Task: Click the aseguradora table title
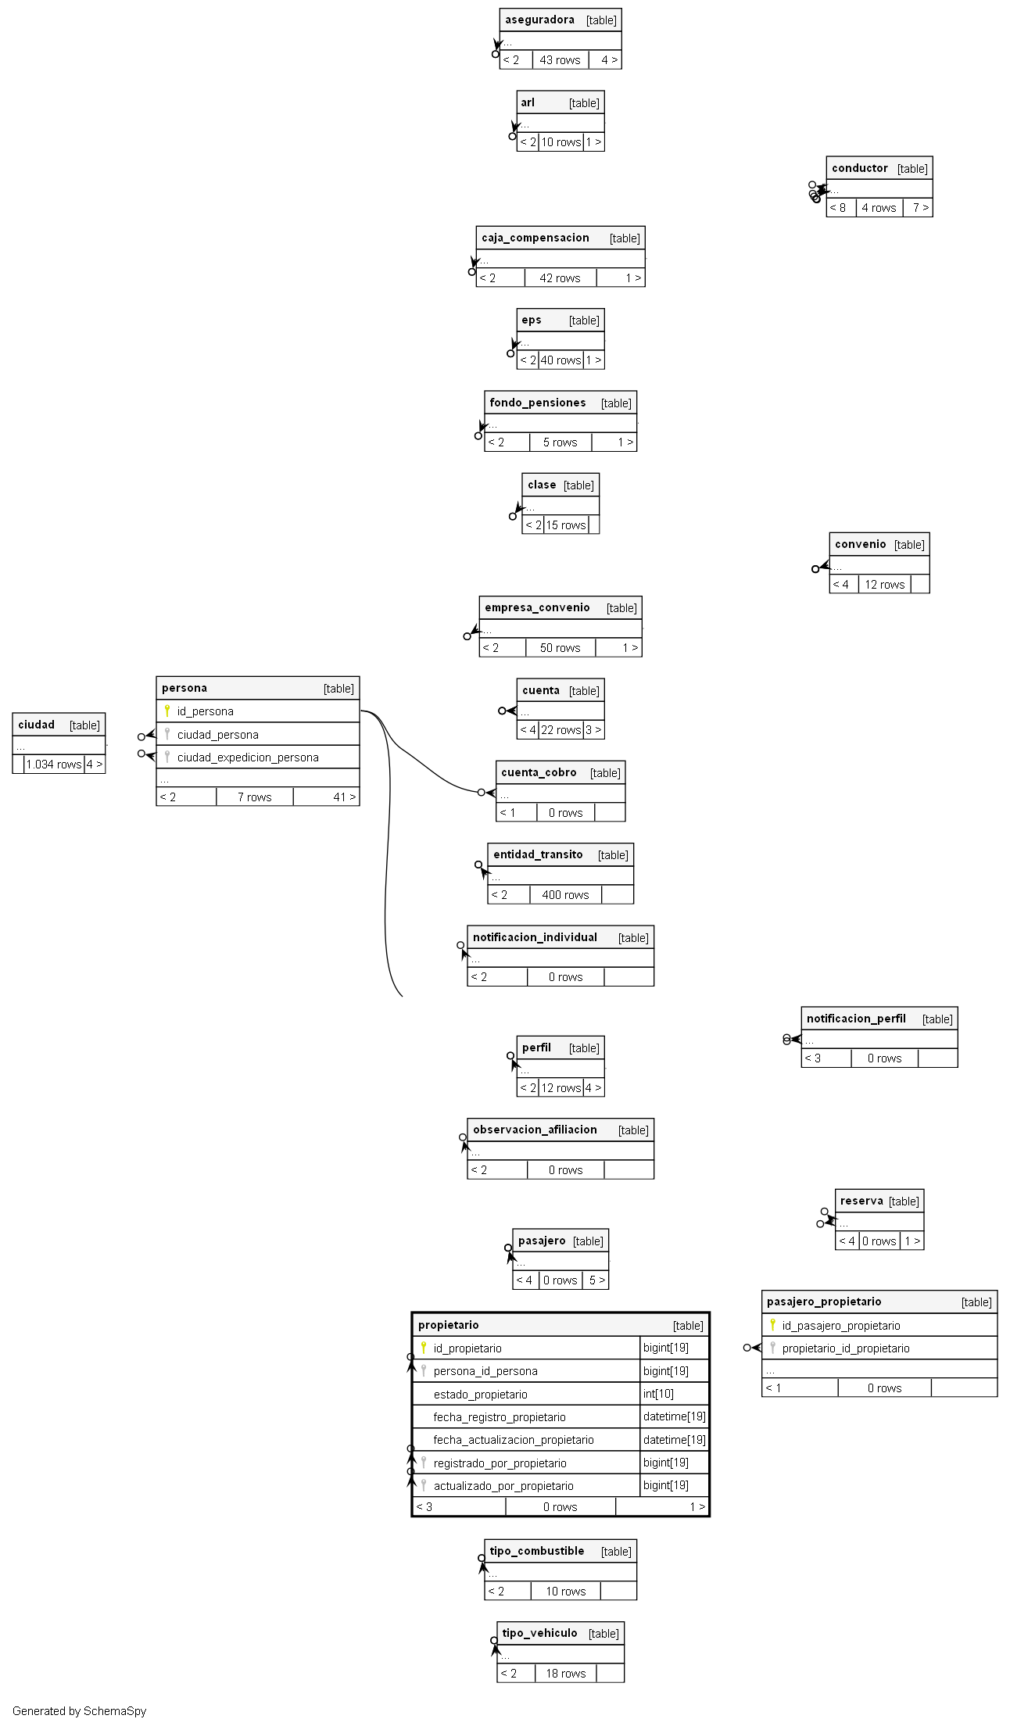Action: click(x=539, y=20)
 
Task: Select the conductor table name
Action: click(x=860, y=168)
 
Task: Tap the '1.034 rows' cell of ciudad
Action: click(x=54, y=765)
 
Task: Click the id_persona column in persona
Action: click(x=205, y=711)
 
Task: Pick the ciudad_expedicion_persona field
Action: click(x=248, y=757)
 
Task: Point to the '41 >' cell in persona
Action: click(x=344, y=797)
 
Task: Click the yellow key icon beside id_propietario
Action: click(x=424, y=1348)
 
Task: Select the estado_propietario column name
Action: click(x=480, y=1395)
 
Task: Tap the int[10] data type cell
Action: click(x=658, y=1394)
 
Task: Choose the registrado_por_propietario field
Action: click(x=500, y=1463)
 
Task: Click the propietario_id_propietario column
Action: click(x=846, y=1348)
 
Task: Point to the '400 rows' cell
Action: click(x=565, y=895)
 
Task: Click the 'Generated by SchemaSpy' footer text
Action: click(x=79, y=1711)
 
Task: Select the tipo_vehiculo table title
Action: click(x=539, y=1633)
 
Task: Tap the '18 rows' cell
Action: click(x=565, y=1674)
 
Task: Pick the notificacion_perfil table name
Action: click(x=856, y=1019)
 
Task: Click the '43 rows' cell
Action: click(x=560, y=60)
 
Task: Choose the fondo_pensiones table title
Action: click(x=537, y=403)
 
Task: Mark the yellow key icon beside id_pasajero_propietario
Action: click(x=772, y=1325)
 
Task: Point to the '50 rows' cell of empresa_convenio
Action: click(x=560, y=648)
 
